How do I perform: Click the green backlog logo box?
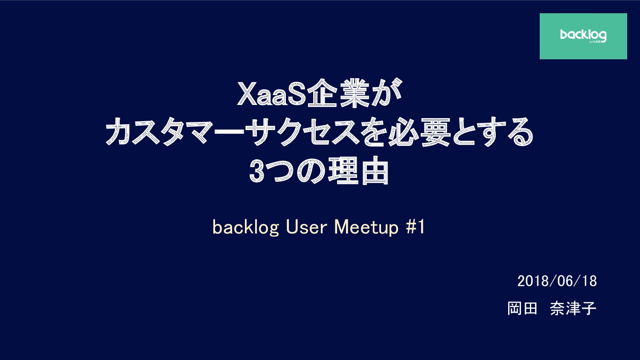coord(583,36)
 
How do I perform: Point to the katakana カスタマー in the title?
coord(175,132)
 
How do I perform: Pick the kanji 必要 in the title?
coord(419,132)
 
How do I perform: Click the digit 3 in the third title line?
coord(256,171)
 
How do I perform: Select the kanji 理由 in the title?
coord(358,171)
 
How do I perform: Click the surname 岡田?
coord(522,308)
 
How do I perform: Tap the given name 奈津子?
coord(573,308)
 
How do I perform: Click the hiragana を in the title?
coord(373,132)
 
